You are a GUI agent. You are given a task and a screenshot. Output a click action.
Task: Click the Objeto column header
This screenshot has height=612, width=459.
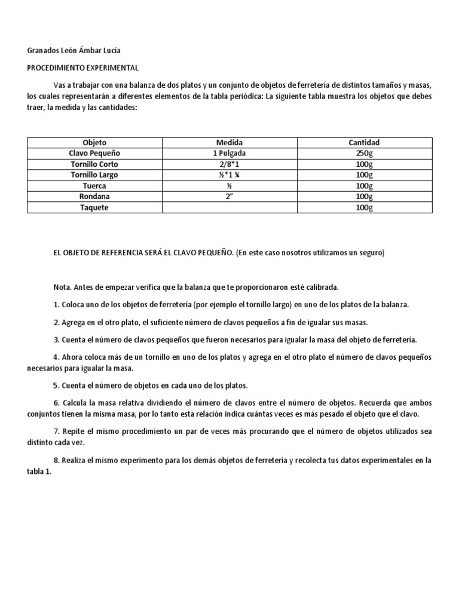click(94, 142)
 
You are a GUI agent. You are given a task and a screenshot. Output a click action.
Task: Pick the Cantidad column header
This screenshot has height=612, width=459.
click(364, 142)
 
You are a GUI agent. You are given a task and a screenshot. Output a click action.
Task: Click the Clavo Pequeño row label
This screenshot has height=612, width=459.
click(94, 153)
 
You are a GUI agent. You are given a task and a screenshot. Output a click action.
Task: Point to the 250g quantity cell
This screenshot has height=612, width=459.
click(364, 153)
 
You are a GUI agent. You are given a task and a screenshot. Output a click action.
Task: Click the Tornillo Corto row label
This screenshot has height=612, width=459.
click(94, 164)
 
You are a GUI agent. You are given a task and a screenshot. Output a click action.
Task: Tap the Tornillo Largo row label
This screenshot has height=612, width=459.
click(94, 175)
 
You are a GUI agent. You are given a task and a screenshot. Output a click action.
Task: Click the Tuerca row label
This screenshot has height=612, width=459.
click(94, 185)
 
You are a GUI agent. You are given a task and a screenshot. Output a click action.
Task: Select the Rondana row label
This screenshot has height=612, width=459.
click(94, 196)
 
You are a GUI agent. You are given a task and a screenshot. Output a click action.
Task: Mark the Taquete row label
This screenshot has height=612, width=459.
click(94, 207)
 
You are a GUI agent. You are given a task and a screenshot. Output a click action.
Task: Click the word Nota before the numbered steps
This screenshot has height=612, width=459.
click(62, 287)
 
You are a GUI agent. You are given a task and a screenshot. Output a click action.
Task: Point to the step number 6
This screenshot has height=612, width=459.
click(56, 402)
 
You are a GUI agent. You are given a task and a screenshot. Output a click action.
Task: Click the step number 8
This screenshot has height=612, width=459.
click(56, 460)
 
